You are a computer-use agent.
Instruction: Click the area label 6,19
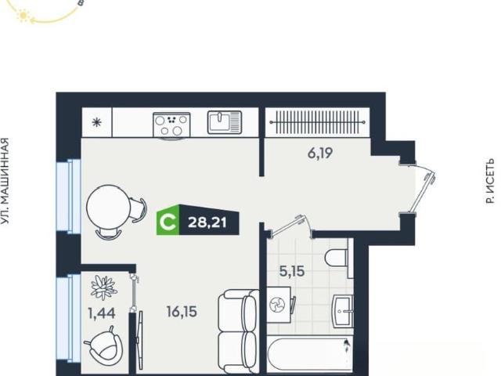pyautogui.click(x=320, y=154)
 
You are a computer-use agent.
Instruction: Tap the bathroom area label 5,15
pyautogui.click(x=292, y=272)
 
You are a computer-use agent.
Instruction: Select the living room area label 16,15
pyautogui.click(x=182, y=312)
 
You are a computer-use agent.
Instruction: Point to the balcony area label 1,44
pyautogui.click(x=102, y=313)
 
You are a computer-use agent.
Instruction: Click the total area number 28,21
pyautogui.click(x=207, y=222)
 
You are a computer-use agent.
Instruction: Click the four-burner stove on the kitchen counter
pyautogui.click(x=171, y=125)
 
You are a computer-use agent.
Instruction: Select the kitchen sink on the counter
pyautogui.click(x=225, y=122)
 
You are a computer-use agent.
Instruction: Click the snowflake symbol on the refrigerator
pyautogui.click(x=96, y=123)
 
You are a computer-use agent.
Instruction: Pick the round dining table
pyautogui.click(x=108, y=207)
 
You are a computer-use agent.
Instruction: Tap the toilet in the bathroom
pyautogui.click(x=337, y=258)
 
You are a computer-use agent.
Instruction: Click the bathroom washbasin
pyautogui.click(x=343, y=311)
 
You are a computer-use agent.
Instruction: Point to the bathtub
pyautogui.click(x=310, y=356)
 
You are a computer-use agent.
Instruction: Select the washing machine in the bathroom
pyautogui.click(x=279, y=305)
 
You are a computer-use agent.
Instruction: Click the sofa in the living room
pyautogui.click(x=238, y=332)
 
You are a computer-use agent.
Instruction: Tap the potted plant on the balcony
pyautogui.click(x=103, y=287)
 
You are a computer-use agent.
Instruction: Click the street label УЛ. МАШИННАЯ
pyautogui.click(x=5, y=181)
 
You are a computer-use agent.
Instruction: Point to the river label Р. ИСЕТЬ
pyautogui.click(x=490, y=181)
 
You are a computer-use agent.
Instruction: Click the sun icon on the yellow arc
pyautogui.click(x=23, y=16)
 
